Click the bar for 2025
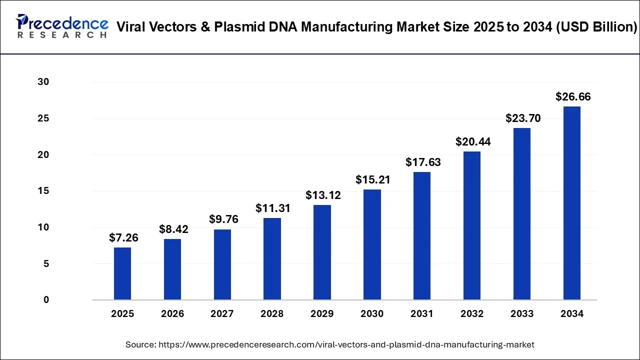tap(122, 273)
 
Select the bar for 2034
tap(572, 203)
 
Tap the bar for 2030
tap(372, 244)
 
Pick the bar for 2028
tap(272, 258)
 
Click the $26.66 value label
tap(573, 97)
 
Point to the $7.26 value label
tap(123, 238)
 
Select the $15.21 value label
tap(373, 180)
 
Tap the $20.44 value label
tap(473, 142)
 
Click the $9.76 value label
tap(223, 219)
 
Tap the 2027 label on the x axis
tap(222, 314)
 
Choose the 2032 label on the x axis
tap(472, 314)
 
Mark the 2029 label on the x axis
tap(322, 314)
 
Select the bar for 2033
tap(522, 214)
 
